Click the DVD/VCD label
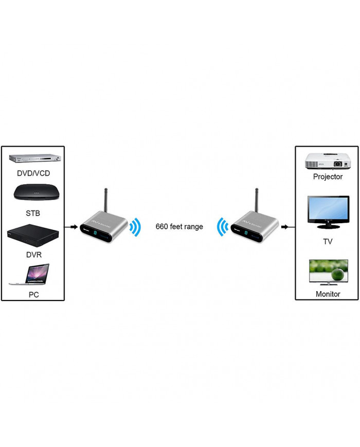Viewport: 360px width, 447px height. click(x=32, y=173)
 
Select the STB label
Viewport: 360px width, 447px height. click(x=32, y=213)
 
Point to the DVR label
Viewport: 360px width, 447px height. click(x=32, y=254)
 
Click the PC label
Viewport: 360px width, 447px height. click(x=32, y=295)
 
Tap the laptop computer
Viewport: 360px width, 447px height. click(x=30, y=276)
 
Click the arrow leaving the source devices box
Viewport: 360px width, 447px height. click(x=71, y=227)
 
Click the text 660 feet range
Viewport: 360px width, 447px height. click(x=179, y=227)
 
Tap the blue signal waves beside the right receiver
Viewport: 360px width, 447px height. click(x=222, y=227)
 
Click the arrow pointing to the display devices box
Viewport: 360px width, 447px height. click(x=289, y=227)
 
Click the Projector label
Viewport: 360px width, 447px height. click(x=328, y=176)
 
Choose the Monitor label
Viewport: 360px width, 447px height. click(x=328, y=294)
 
